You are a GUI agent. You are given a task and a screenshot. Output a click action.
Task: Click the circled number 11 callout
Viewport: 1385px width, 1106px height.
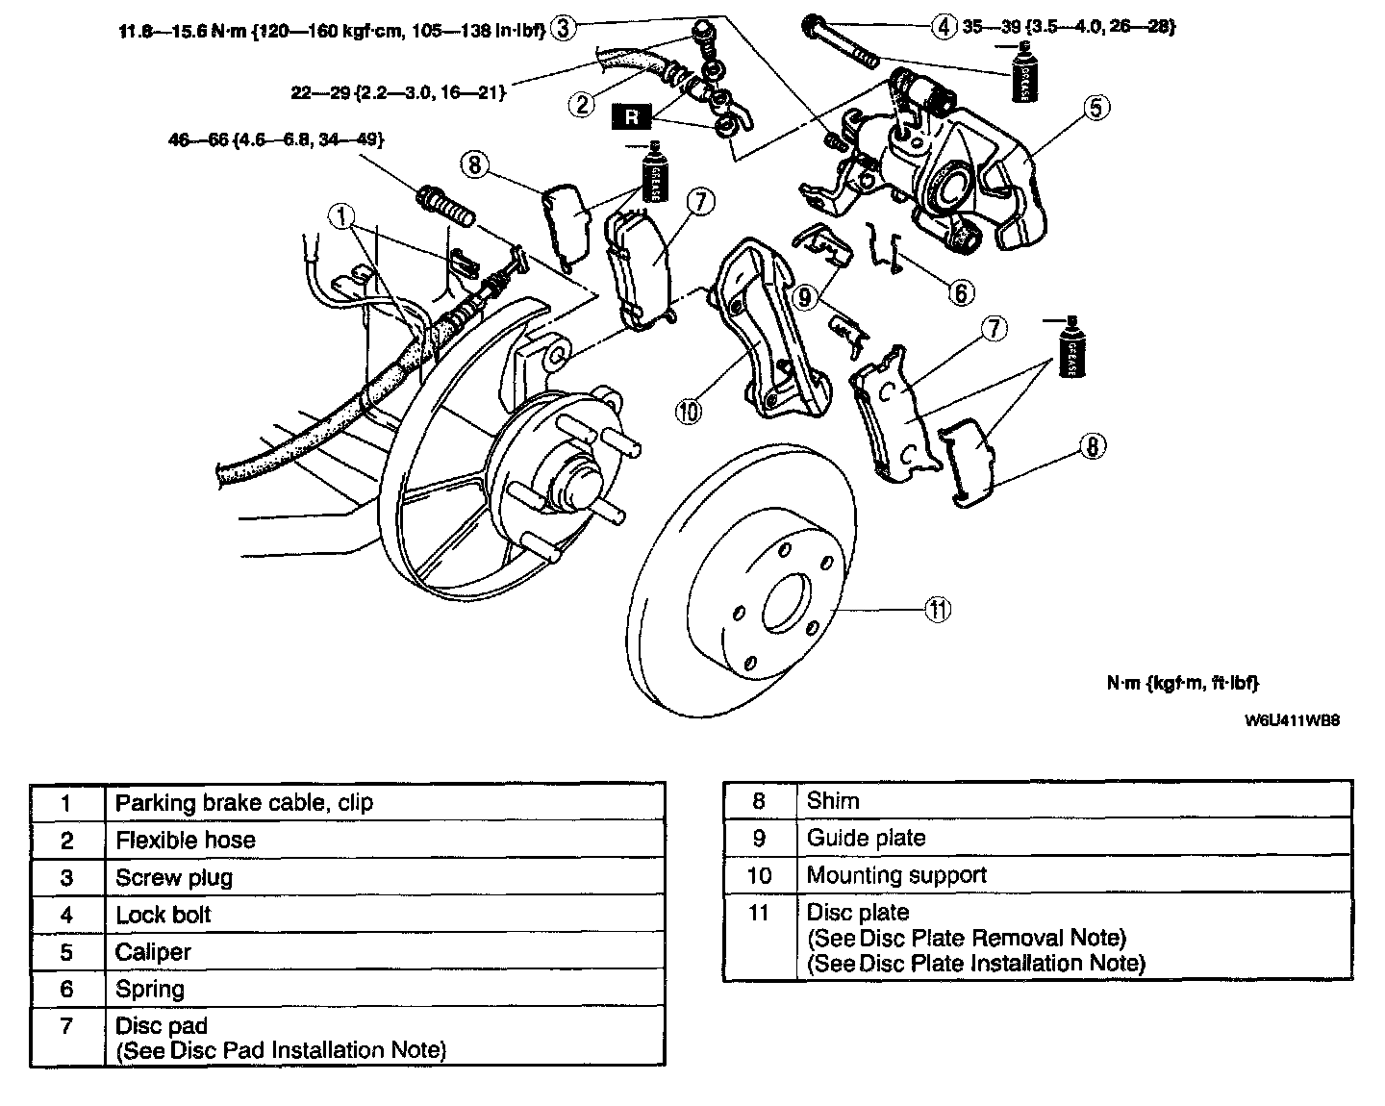(938, 609)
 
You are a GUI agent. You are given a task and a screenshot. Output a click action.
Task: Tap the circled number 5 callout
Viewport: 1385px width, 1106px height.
(1097, 107)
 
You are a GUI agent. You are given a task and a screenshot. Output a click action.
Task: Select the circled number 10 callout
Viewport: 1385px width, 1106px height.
(689, 412)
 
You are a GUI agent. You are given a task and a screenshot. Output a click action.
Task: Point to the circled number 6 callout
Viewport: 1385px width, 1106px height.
(961, 290)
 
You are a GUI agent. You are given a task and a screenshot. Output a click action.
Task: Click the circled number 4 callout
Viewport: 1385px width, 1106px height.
(944, 26)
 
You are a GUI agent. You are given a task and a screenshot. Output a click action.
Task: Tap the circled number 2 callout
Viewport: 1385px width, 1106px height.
(581, 103)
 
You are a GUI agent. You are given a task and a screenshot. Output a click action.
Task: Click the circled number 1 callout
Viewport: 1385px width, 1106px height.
(341, 217)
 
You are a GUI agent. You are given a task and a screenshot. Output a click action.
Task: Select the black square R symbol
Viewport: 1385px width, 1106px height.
(632, 117)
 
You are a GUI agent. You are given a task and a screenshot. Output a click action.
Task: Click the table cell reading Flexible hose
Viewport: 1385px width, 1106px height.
(186, 841)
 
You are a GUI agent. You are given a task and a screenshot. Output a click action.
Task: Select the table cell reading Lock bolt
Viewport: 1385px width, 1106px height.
(164, 915)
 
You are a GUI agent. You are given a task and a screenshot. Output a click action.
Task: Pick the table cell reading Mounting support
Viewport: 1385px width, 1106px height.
(896, 875)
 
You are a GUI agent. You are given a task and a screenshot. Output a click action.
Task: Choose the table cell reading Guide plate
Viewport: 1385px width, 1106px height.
(866, 838)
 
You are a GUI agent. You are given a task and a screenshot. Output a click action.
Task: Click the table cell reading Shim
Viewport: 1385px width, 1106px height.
(833, 800)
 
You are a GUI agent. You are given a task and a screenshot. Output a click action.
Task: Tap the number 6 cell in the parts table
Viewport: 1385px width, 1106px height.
(66, 989)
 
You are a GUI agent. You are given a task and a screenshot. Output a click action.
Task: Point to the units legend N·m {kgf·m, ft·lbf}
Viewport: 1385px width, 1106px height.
(1182, 683)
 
